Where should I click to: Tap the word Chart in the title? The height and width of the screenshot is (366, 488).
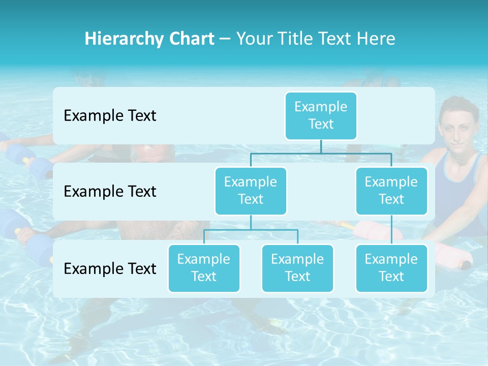pos(190,39)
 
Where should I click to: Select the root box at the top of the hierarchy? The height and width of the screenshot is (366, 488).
pos(321,115)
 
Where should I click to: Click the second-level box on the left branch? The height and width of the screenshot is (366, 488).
pos(251,191)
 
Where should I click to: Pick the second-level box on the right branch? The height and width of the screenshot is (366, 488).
pos(391,191)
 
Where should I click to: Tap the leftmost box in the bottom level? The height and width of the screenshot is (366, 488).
pos(204,268)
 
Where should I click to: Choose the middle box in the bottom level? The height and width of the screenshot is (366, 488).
pos(297,268)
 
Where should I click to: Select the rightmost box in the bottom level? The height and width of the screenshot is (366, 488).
pos(391,268)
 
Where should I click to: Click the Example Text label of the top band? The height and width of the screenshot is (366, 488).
pos(110,115)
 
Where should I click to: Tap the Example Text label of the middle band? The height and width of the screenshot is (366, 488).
pos(110,191)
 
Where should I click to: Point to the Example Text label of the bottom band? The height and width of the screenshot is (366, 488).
pos(110,268)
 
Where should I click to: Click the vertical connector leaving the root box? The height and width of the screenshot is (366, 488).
pos(321,146)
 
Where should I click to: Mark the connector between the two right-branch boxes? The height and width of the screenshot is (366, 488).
pos(391,230)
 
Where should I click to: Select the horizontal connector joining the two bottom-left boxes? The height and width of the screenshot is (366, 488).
pos(251,230)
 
